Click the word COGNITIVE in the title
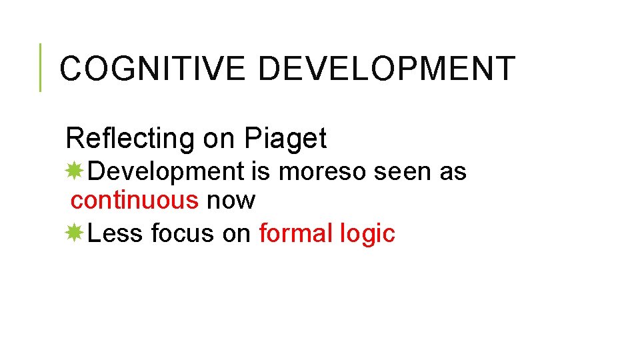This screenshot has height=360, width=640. point(153,69)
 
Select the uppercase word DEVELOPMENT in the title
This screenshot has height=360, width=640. point(387,69)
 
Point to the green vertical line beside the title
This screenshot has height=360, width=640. point(40,67)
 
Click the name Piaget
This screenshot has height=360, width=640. point(285,139)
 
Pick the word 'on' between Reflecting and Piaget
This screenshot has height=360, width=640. point(219,139)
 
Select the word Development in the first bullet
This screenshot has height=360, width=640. point(166,171)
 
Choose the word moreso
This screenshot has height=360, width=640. point(322,171)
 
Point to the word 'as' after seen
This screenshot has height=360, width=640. point(453,171)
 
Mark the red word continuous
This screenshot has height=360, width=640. point(135,200)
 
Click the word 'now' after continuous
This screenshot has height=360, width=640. point(231,200)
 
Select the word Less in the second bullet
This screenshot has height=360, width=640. point(116,233)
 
